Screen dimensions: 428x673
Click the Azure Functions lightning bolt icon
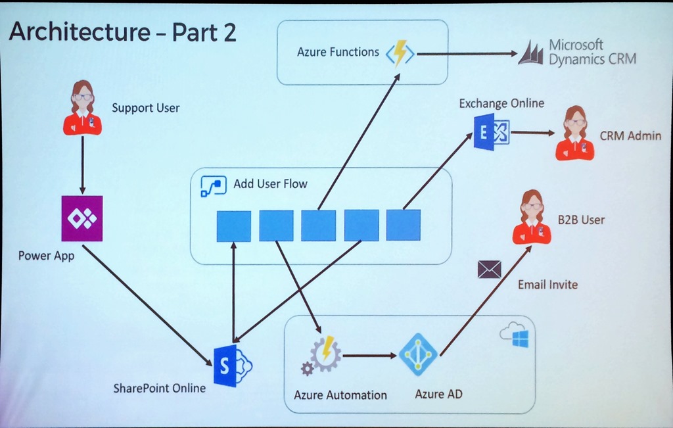(399, 53)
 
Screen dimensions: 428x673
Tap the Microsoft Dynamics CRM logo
(530, 53)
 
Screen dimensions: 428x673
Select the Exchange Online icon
(491, 131)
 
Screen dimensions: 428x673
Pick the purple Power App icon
(81, 218)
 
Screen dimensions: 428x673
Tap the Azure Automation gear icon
(322, 355)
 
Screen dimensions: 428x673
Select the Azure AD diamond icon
(418, 354)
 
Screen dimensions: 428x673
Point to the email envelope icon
(490, 269)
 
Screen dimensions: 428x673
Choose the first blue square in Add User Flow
(234, 226)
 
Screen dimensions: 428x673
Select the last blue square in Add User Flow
(403, 226)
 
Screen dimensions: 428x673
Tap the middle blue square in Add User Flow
(318, 226)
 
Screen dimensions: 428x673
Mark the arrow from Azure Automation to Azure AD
(370, 356)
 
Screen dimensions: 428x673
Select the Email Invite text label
(547, 285)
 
